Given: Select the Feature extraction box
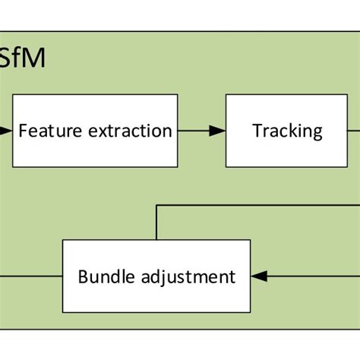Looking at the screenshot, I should click(95, 131).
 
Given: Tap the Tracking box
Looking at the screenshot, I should click(287, 131).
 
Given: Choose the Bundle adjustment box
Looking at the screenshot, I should click(156, 276).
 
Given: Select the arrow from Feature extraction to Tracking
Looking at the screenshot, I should click(201, 131).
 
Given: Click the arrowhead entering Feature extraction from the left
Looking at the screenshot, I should click(6, 131).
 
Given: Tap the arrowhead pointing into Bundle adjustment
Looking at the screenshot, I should click(260, 276).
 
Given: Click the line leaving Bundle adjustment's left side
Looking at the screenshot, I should click(30, 276).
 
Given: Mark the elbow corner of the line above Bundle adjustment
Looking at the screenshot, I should click(156, 204).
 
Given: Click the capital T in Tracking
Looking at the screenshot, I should click(257, 131).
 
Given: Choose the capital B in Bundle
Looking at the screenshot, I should click(82, 276).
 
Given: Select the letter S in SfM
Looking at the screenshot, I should click(6, 58).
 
